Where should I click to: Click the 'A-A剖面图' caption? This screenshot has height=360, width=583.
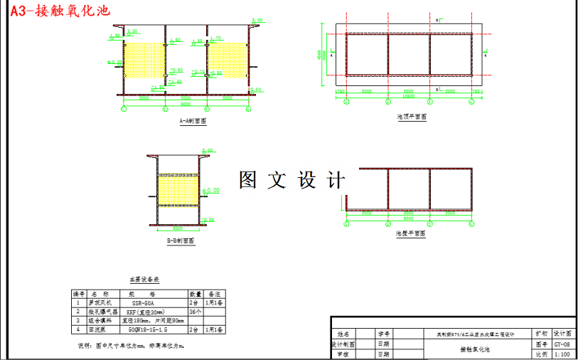click(x=193, y=122)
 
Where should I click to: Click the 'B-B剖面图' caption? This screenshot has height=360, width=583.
click(x=181, y=241)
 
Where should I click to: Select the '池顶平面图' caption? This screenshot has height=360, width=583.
click(x=412, y=117)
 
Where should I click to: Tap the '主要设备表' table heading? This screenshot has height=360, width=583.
click(x=144, y=280)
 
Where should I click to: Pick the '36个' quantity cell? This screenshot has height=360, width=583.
click(x=195, y=312)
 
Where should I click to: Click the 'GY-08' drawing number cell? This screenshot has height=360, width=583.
click(x=562, y=343)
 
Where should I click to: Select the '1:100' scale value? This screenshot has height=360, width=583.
click(x=562, y=354)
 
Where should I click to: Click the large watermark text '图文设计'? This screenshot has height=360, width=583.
click(x=292, y=180)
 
